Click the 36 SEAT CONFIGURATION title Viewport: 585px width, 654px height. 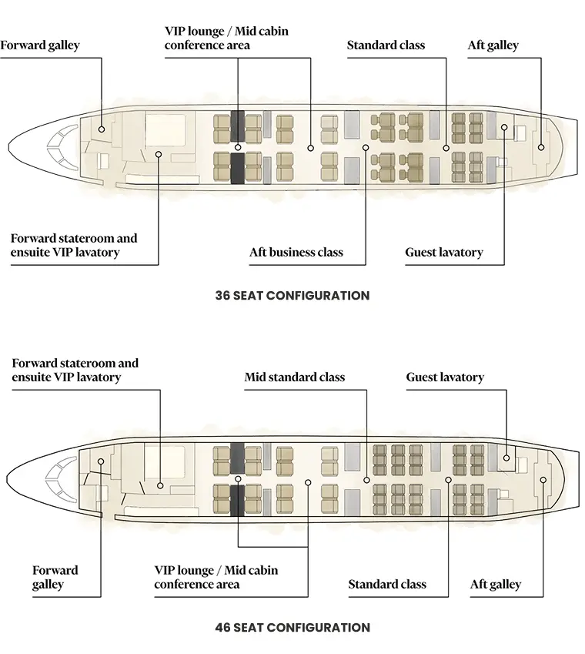[x=292, y=295]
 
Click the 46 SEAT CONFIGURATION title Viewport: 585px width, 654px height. [x=292, y=627]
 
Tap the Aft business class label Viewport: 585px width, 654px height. [x=296, y=253]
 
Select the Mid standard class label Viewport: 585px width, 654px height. [x=295, y=377]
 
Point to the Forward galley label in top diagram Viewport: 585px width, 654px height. [x=40, y=45]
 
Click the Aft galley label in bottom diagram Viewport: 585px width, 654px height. [x=496, y=585]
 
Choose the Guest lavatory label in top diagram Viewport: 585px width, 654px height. [x=444, y=253]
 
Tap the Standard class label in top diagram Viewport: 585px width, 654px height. [x=386, y=45]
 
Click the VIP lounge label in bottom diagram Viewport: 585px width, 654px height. [x=216, y=577]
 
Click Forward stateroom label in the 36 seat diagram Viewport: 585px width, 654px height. [x=74, y=245]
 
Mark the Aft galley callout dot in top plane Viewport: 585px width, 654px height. [x=541, y=147]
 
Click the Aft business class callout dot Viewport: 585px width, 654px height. [x=366, y=148]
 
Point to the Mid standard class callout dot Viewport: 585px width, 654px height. [x=366, y=480]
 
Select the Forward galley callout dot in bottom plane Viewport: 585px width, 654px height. [x=101, y=461]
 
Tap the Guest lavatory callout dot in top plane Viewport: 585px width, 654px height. [x=504, y=127]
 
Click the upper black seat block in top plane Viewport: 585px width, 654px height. [x=238, y=126]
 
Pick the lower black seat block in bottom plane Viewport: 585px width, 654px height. [x=237, y=501]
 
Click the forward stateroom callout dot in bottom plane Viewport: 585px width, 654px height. [x=160, y=486]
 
